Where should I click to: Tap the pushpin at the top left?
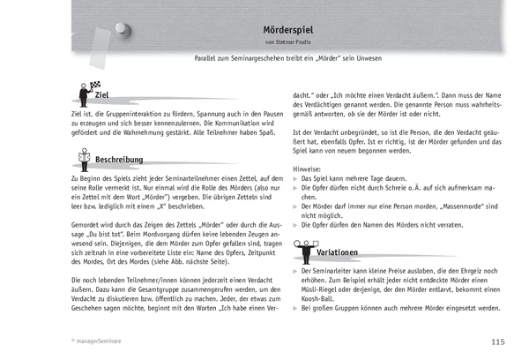pos(131,29)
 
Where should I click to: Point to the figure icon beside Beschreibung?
pos(84,157)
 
